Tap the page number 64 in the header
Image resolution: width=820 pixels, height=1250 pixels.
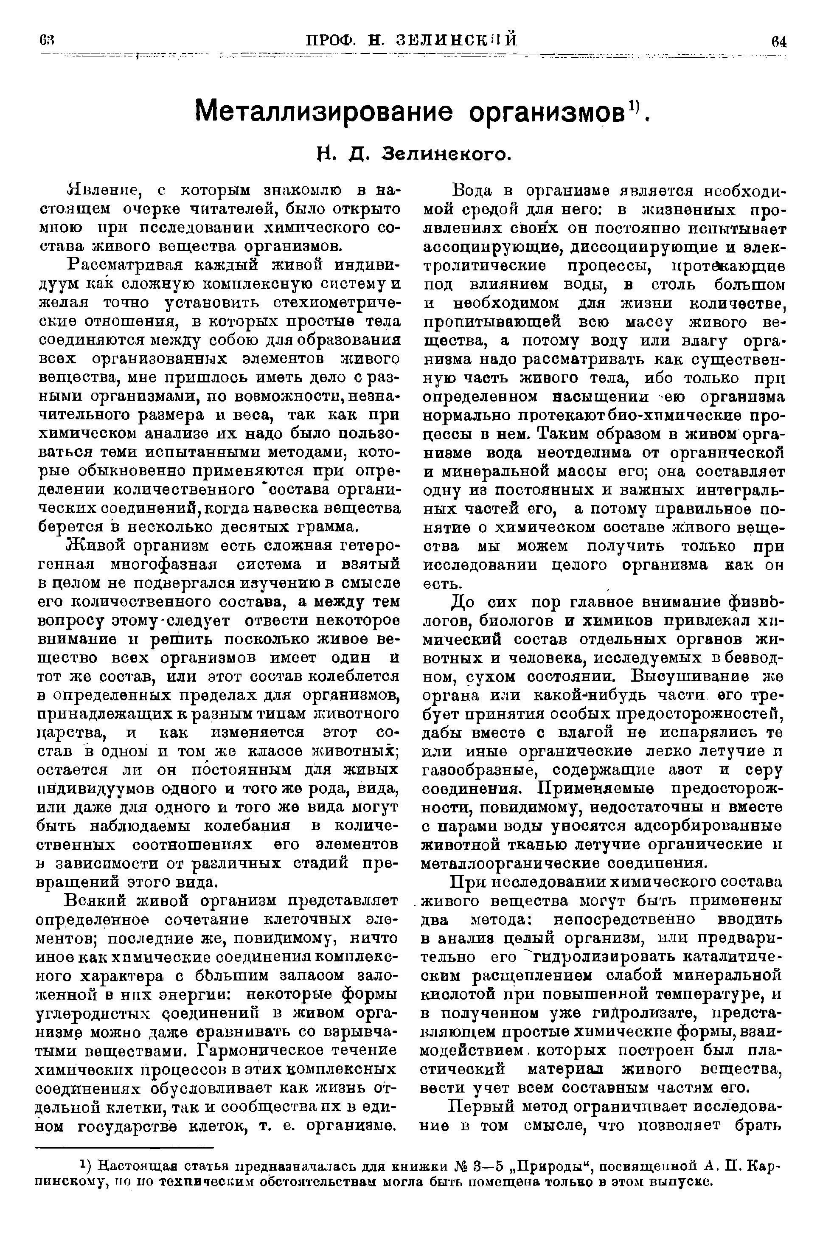pos(779,41)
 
